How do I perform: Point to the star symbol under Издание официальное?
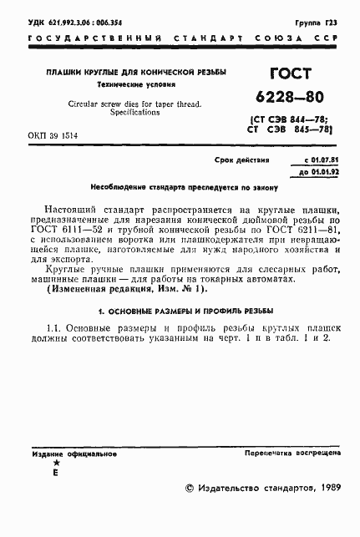coord(56,463)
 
